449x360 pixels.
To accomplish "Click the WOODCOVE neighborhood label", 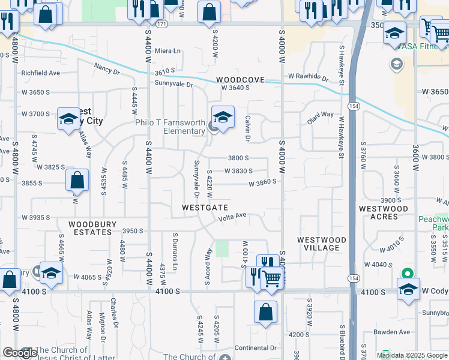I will click(x=240, y=80).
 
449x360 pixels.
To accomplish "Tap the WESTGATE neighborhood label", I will click(x=205, y=208).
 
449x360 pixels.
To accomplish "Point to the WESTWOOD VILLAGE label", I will click(x=322, y=244).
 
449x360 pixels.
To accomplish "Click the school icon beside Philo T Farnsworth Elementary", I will click(x=223, y=118).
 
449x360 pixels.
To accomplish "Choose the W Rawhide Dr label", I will click(x=308, y=77).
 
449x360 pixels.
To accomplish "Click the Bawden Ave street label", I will click(x=393, y=332).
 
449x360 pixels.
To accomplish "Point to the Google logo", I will click(x=20, y=353).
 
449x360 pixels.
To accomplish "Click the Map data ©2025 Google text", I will click(x=412, y=355).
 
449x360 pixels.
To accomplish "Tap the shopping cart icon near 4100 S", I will click(x=272, y=278).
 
